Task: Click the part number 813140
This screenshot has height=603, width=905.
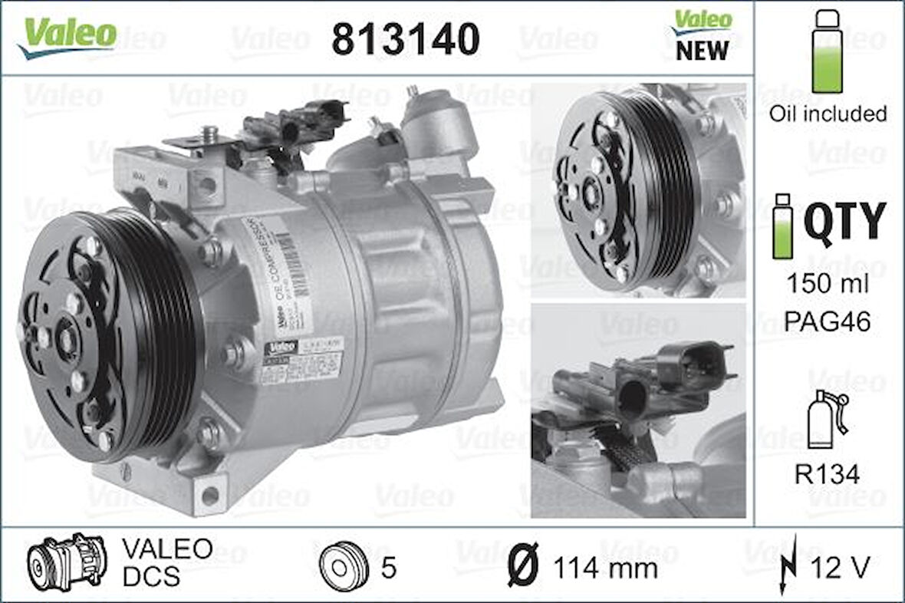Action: pos(406,38)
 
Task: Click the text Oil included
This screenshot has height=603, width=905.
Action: pos(828,114)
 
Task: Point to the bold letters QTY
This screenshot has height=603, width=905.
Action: pos(844,222)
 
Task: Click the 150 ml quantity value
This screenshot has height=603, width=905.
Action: pos(827,284)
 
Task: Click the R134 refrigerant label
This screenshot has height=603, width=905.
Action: pos(827,473)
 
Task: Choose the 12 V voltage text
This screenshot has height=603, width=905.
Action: pos(841,568)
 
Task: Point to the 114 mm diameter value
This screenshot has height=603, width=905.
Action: pos(606,568)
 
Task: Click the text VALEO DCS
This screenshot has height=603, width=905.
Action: pos(167,562)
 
